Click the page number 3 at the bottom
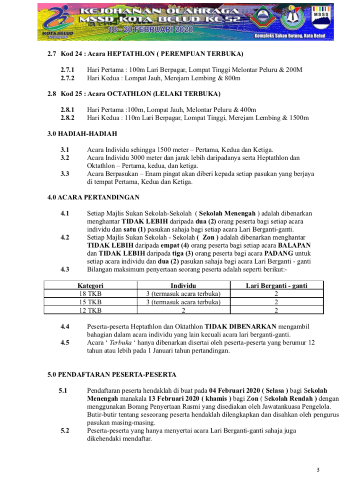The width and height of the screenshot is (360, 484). click(318, 469)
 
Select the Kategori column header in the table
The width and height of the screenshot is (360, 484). click(91, 285)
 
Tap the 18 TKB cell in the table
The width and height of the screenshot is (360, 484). click(91, 294)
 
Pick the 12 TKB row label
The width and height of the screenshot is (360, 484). click(91, 310)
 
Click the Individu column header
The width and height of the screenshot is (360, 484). click(183, 285)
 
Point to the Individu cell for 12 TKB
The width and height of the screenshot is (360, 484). click(183, 310)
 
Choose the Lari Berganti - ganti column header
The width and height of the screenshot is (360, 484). click(276, 285)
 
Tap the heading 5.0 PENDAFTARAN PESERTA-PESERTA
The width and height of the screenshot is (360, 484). click(112, 374)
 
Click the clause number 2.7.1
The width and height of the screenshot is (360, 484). click(68, 70)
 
